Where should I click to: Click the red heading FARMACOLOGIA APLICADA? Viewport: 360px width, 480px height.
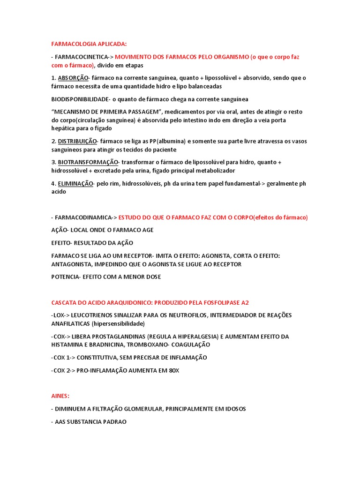(89, 44)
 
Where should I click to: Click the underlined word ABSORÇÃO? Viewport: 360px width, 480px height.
(72, 78)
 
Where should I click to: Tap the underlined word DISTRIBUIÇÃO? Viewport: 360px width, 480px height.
(77, 141)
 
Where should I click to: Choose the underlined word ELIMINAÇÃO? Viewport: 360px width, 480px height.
(75, 183)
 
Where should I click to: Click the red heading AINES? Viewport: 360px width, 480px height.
(60, 396)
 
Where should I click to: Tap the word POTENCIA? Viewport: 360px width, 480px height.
(65, 277)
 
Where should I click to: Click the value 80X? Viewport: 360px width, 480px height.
(174, 370)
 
